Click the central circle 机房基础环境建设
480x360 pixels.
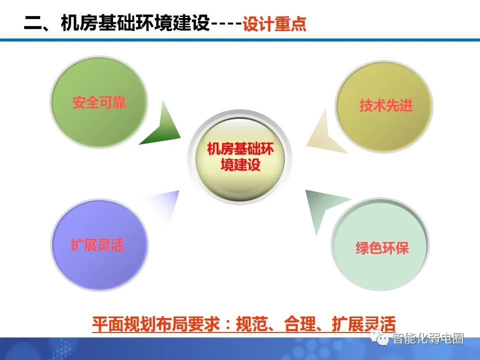tap(240, 156)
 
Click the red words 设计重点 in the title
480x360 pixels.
tap(274, 24)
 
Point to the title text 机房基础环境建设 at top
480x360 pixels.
tap(134, 23)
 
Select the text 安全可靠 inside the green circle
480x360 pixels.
tap(99, 103)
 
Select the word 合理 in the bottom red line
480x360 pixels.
tap(300, 323)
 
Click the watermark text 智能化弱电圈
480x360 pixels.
tap(428, 338)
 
